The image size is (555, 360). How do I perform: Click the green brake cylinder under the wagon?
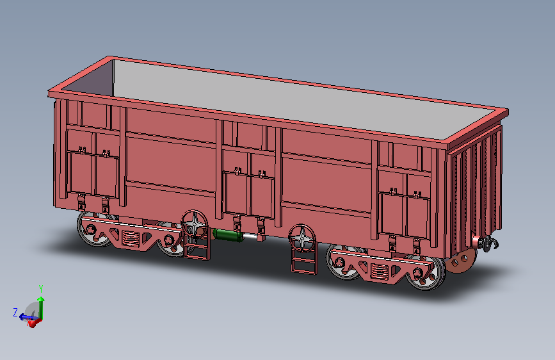tap(228, 236)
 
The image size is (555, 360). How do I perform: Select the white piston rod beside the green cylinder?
tap(250, 236)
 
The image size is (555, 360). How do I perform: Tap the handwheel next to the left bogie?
tap(195, 224)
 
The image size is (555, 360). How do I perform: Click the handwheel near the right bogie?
tap(302, 238)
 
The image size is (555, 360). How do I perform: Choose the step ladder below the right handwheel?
tap(304, 261)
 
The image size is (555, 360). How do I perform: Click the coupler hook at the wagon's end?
tap(489, 244)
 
